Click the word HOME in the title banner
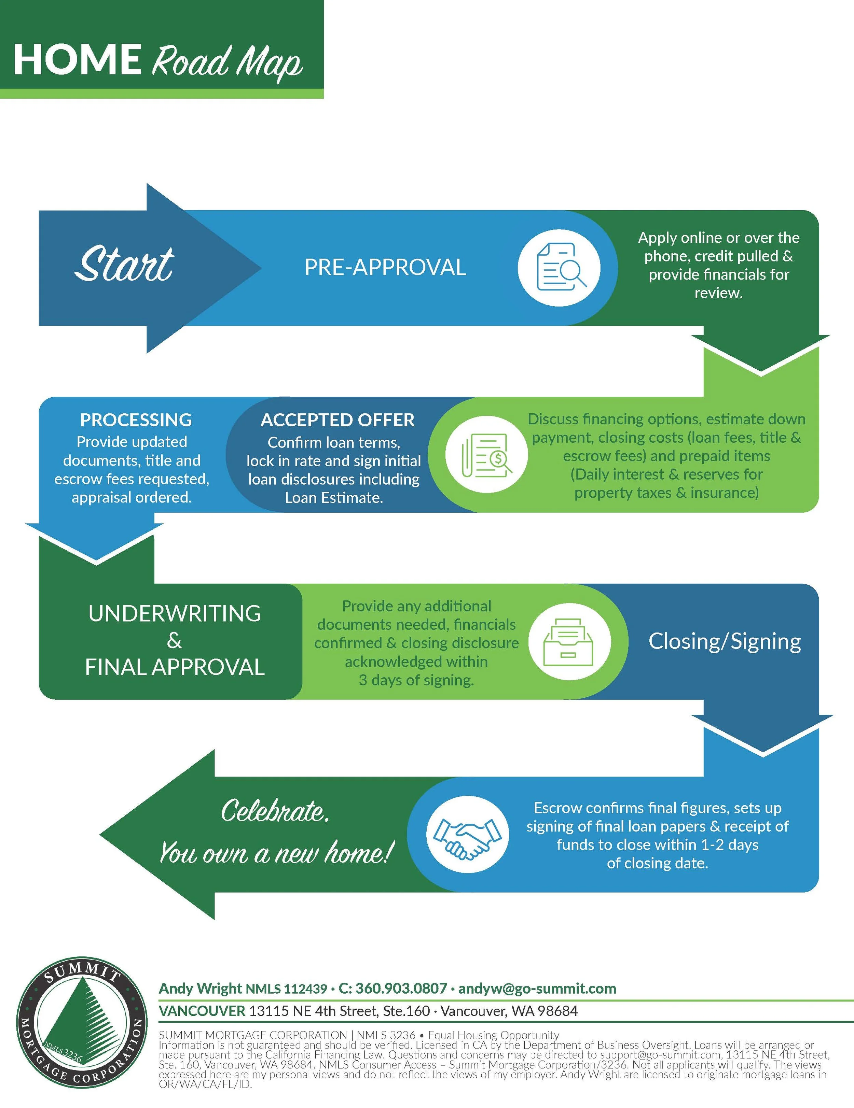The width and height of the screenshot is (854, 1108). [77, 59]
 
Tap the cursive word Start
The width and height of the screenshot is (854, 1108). [124, 265]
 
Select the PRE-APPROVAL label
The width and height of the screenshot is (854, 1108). [385, 267]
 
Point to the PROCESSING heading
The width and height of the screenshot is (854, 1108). [136, 420]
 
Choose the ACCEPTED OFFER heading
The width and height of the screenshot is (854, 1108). [338, 420]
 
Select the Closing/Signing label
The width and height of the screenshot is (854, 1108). [725, 642]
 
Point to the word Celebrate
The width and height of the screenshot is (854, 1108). [275, 811]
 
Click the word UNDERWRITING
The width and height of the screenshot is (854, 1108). [175, 613]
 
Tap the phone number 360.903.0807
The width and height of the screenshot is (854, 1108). [401, 988]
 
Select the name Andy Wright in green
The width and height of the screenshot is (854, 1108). [201, 988]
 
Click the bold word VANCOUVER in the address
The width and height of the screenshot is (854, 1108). [202, 1011]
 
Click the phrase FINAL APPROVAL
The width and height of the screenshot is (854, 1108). [175, 667]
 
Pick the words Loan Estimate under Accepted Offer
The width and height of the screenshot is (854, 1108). [334, 498]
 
